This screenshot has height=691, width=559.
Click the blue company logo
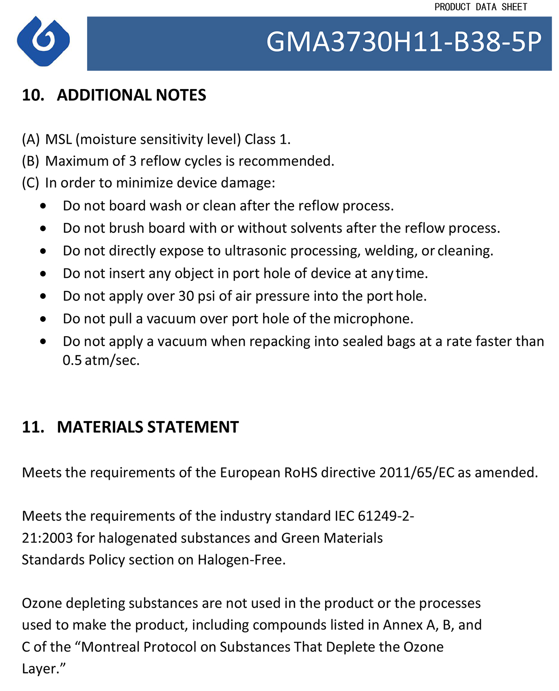(x=43, y=41)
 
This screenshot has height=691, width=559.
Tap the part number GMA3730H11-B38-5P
(x=404, y=42)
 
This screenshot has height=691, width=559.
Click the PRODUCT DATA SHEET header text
(x=481, y=7)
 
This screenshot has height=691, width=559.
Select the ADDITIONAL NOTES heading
(x=131, y=95)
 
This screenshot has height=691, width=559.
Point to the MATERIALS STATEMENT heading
(x=148, y=427)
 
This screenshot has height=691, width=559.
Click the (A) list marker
(x=31, y=139)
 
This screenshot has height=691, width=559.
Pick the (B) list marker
(x=31, y=161)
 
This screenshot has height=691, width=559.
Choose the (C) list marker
(x=31, y=183)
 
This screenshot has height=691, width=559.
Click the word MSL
(x=59, y=139)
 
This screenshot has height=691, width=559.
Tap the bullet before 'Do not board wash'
(x=43, y=206)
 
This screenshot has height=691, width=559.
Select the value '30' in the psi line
(x=186, y=296)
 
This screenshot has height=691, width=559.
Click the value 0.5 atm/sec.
(x=101, y=360)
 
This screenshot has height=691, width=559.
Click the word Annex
(x=403, y=625)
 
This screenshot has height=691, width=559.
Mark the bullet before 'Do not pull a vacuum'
(x=43, y=319)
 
